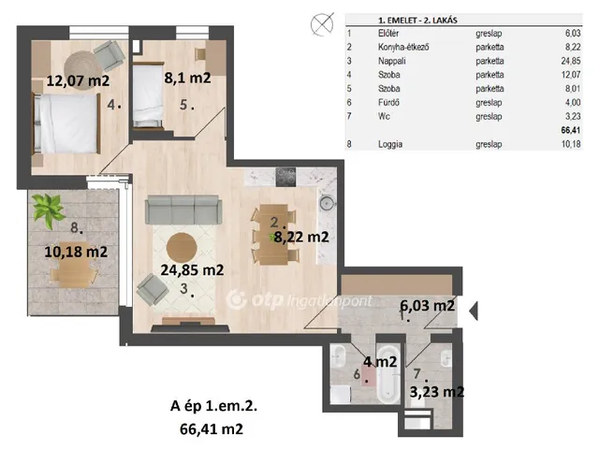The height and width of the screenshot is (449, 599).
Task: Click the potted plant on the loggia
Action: (48, 210)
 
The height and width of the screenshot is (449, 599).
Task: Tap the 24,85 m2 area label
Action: (192, 270)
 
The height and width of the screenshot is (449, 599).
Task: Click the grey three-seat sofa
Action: (183, 210)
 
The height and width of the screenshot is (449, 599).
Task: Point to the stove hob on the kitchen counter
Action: (285, 177)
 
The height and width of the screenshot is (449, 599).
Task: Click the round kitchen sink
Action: (327, 204)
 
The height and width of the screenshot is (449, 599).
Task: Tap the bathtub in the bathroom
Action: (388, 374)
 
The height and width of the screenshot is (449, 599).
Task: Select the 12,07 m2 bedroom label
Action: (78, 80)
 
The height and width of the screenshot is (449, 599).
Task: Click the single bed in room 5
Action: (148, 96)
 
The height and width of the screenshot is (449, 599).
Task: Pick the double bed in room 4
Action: (66, 123)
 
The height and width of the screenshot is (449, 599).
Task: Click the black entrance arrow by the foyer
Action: (474, 311)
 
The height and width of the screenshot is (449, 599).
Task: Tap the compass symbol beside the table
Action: (322, 24)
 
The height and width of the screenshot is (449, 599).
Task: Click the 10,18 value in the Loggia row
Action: (571, 144)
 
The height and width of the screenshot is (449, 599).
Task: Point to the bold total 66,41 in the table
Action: (571, 130)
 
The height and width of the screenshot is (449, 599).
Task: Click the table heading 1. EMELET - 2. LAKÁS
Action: (417, 21)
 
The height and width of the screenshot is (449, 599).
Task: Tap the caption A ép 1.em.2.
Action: (213, 406)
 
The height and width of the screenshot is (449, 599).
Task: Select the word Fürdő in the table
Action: (388, 102)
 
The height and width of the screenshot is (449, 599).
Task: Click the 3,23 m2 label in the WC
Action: (437, 392)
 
